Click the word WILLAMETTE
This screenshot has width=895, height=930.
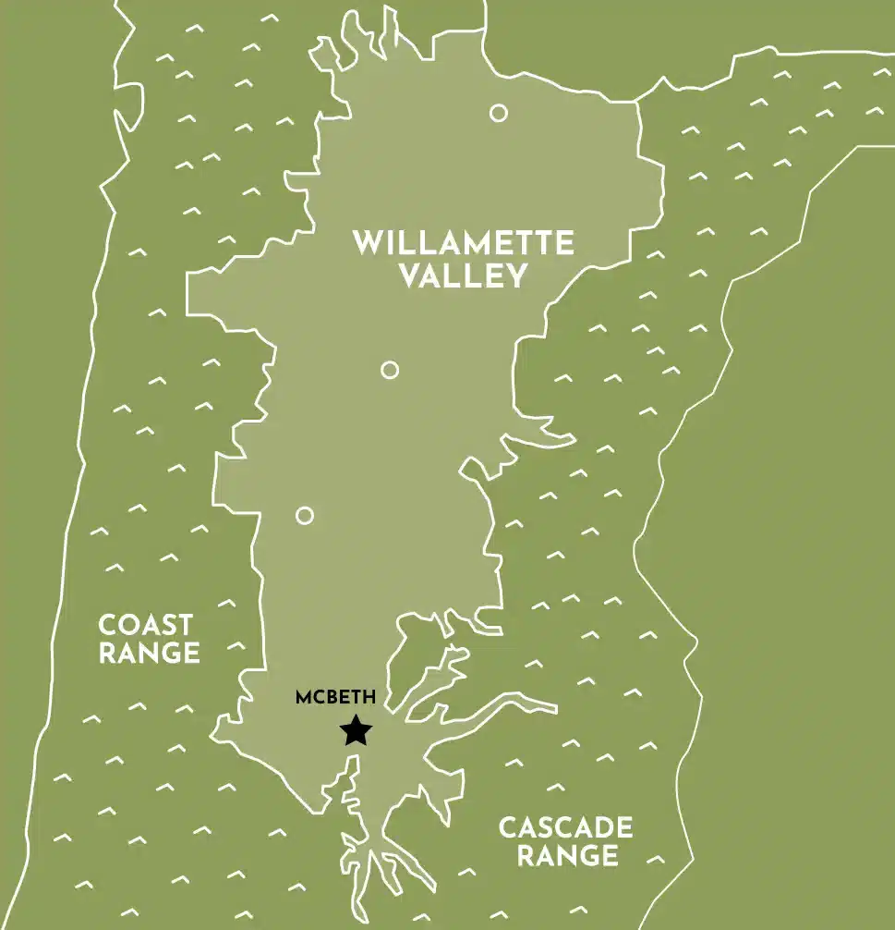pos(464,244)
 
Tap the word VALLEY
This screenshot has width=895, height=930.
pos(464,276)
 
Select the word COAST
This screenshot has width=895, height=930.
pos(146,624)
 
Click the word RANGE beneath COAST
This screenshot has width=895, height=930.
pos(149,654)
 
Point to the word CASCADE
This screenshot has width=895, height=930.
pos(566,826)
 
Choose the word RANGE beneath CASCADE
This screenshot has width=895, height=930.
pos(567,856)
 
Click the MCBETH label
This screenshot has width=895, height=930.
pos(335,698)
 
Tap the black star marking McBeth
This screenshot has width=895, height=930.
pos(356,731)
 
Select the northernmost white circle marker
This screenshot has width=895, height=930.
pos(499,113)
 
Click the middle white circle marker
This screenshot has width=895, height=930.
pos(390,370)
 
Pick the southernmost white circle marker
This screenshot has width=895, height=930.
pos(305,515)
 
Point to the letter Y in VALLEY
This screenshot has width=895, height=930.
pos(515,276)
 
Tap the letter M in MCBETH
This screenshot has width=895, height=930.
pos(303,698)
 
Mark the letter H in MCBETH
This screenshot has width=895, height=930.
pos(369,698)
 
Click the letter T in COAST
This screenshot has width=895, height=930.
pos(184,624)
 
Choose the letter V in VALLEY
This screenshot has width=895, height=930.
pos(411,276)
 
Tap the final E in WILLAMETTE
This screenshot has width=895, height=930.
pos(564,244)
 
